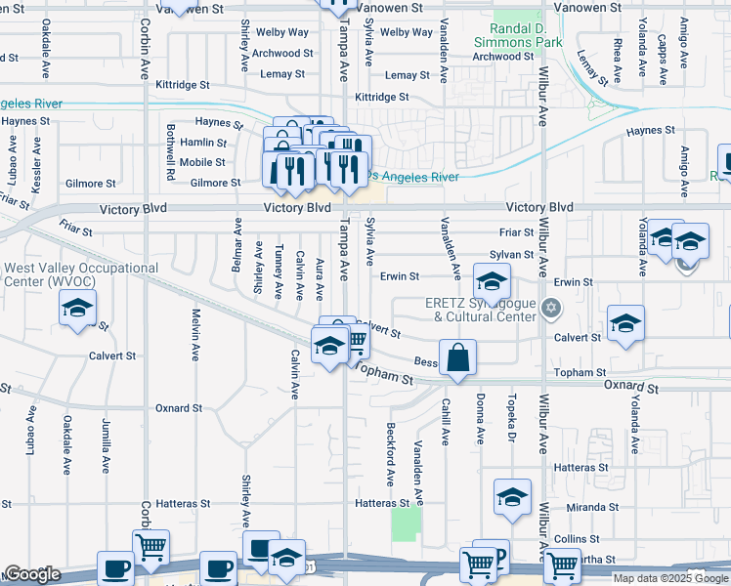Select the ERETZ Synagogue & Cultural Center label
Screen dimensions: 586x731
pyautogui.click(x=481, y=310)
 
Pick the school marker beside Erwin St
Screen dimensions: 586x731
pyautogui.click(x=493, y=283)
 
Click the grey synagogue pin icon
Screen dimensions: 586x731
pyautogui.click(x=551, y=309)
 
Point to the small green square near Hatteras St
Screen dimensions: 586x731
pyautogui.click(x=406, y=523)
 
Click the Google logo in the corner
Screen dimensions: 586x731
pyautogui.click(x=32, y=574)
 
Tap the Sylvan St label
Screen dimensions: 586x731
pyautogui.click(x=512, y=255)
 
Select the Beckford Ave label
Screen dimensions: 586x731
pyautogui.click(x=389, y=454)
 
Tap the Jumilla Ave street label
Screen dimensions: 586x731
pyautogui.click(x=106, y=445)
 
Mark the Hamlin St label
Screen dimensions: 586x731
pyautogui.click(x=203, y=143)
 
